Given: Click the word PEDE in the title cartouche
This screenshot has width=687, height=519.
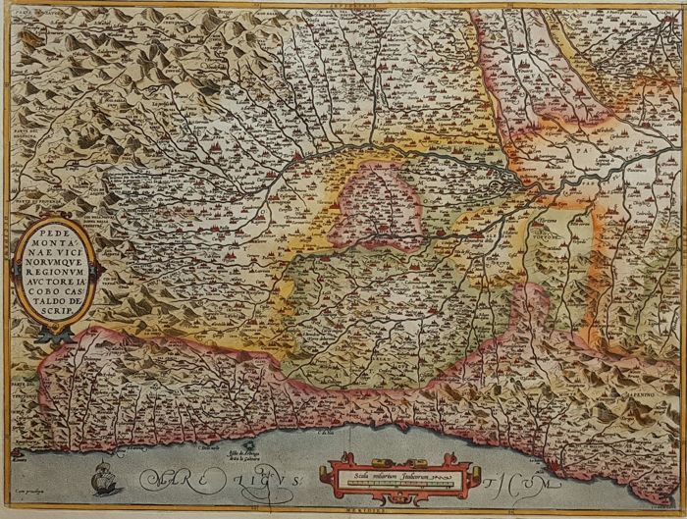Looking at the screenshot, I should click(x=55, y=238).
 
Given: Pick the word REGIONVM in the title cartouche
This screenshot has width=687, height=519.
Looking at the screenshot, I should click(x=55, y=278).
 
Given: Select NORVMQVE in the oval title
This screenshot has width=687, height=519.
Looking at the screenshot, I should click(x=55, y=265).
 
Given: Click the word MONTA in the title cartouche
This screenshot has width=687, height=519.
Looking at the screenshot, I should click(x=55, y=251).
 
